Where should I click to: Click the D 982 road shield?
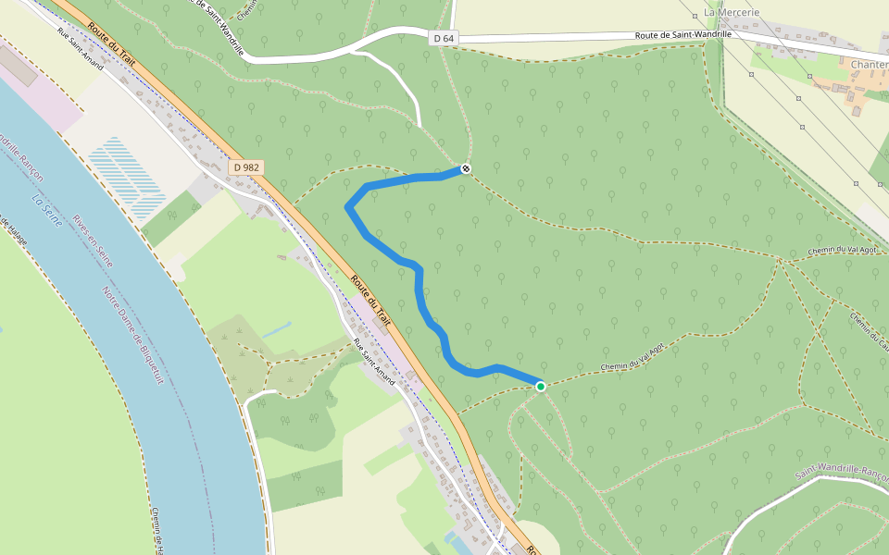tap(246, 166)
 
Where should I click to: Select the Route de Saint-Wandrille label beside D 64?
tap(682, 34)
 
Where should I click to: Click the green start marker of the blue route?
tap(541, 386)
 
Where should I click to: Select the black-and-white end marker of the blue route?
tap(466, 168)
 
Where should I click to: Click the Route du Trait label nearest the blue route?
tap(371, 302)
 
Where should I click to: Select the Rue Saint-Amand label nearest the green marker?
tap(374, 362)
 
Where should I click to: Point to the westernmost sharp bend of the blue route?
tap(348, 207)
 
